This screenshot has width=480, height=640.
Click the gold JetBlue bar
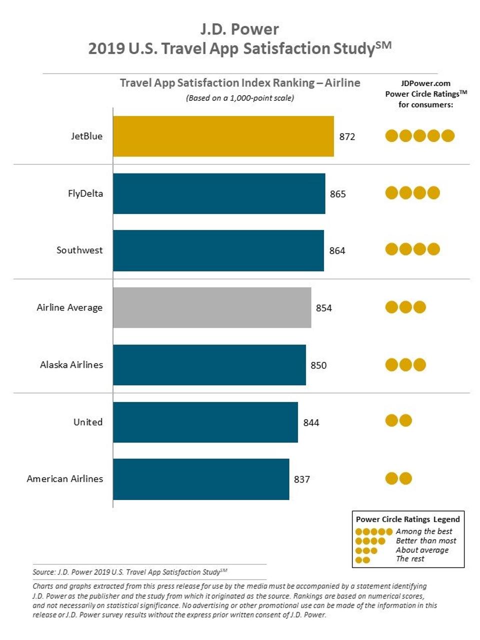click(x=223, y=136)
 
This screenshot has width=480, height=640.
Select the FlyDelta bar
click(x=219, y=193)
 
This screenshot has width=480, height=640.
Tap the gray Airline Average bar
click(x=212, y=307)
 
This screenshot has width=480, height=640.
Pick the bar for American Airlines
click(x=201, y=479)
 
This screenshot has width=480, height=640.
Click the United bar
click(x=205, y=422)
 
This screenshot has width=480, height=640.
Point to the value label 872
click(x=347, y=137)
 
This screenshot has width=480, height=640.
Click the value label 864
click(x=337, y=251)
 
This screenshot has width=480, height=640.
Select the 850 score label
click(x=318, y=365)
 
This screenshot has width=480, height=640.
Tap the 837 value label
click(x=302, y=479)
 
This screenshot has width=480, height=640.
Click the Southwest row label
click(x=79, y=250)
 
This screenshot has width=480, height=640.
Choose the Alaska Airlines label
click(x=71, y=364)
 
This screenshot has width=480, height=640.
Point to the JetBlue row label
click(x=86, y=136)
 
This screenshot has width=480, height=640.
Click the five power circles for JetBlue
click(x=419, y=135)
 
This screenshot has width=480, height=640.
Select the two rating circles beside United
click(x=398, y=420)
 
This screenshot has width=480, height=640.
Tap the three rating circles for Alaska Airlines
click(x=405, y=364)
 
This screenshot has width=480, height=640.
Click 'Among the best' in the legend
click(x=424, y=531)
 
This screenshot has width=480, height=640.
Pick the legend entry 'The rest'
click(x=410, y=559)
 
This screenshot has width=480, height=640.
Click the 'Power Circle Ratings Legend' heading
click(x=407, y=519)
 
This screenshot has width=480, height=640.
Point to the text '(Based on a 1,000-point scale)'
click(x=240, y=98)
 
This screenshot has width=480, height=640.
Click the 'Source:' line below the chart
click(x=130, y=572)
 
